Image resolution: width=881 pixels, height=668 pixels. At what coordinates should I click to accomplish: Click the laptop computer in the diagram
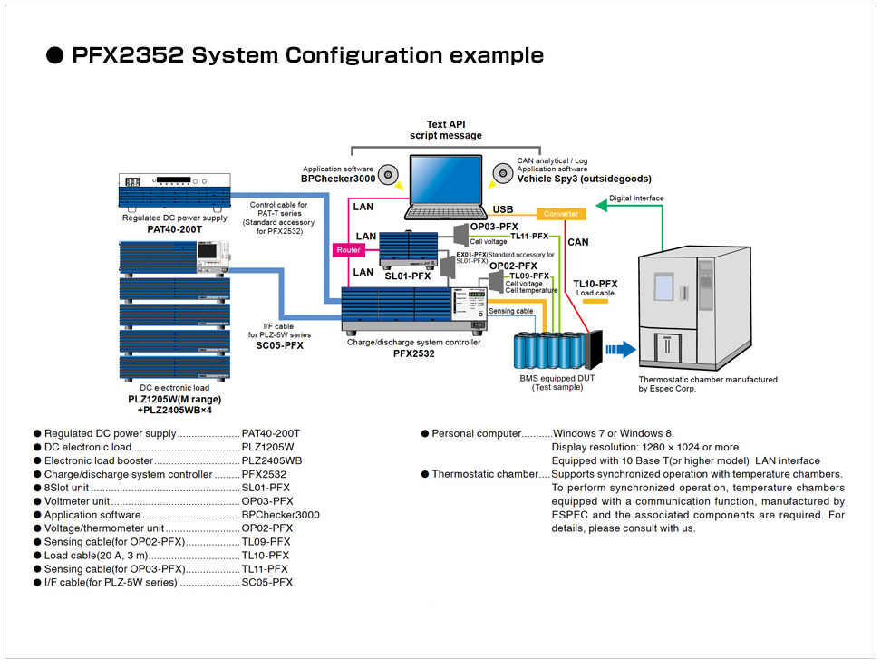click(x=446, y=187)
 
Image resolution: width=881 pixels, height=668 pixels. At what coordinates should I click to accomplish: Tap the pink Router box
click(x=348, y=250)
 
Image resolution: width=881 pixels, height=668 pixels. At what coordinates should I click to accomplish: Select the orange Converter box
click(x=561, y=214)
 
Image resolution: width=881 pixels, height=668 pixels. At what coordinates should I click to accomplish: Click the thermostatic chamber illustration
click(x=694, y=308)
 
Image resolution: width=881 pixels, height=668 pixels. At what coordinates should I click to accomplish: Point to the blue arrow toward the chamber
click(x=620, y=350)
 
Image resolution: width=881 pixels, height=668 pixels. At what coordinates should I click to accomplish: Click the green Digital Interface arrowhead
click(x=601, y=206)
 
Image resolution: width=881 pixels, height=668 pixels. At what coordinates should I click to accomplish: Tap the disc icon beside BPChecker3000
click(x=388, y=175)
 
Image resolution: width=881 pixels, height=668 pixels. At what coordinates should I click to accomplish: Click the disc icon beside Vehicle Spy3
click(x=503, y=174)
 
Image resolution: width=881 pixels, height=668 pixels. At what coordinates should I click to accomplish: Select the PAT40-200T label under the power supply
click(x=175, y=229)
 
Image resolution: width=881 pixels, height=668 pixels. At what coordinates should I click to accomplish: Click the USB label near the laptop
click(x=503, y=209)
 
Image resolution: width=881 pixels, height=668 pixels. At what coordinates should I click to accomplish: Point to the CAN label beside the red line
click(x=578, y=242)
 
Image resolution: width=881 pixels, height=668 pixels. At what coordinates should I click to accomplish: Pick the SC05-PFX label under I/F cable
click(x=279, y=345)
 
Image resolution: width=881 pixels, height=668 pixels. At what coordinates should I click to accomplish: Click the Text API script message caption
click(x=446, y=130)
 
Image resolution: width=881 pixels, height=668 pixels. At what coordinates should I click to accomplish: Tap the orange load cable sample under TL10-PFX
click(x=595, y=302)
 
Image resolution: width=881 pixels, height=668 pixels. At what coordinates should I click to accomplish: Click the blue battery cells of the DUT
click(x=549, y=351)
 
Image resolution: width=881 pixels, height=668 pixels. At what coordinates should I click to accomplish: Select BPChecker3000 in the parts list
click(x=280, y=515)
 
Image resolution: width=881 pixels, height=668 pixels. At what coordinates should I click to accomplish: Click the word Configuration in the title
click(x=364, y=55)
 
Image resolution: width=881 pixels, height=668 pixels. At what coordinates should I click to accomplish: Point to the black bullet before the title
click(x=54, y=55)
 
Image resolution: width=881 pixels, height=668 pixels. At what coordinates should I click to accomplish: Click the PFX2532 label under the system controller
click(x=414, y=353)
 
